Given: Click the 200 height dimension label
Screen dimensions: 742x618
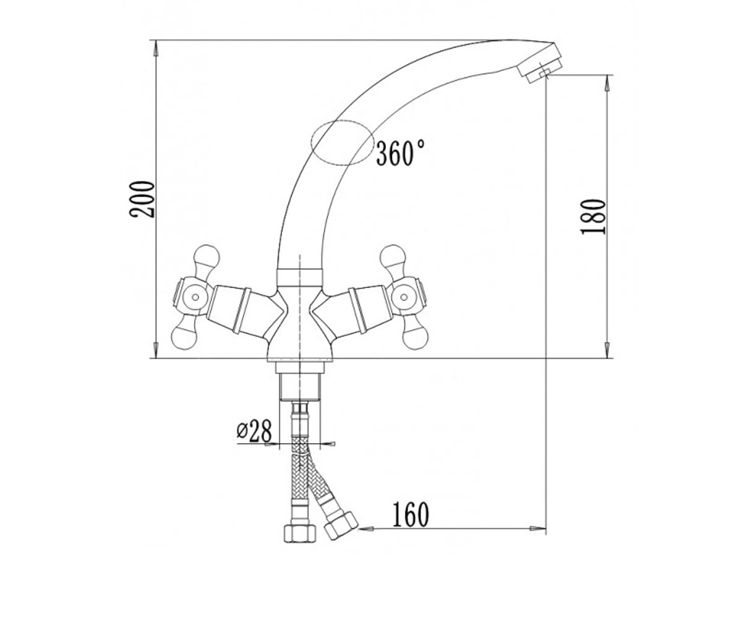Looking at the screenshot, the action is click(142, 199).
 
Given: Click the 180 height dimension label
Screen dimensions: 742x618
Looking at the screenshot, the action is click(592, 217).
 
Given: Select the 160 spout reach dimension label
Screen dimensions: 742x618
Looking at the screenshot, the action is click(411, 515).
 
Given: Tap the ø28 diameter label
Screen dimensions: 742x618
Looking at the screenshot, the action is click(254, 431).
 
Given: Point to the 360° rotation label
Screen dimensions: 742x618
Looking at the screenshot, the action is click(400, 153).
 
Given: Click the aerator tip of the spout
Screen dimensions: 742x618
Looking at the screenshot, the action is click(541, 68).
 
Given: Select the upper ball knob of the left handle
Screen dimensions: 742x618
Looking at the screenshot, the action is click(207, 255).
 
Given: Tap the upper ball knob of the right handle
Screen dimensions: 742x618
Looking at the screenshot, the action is click(393, 255).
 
